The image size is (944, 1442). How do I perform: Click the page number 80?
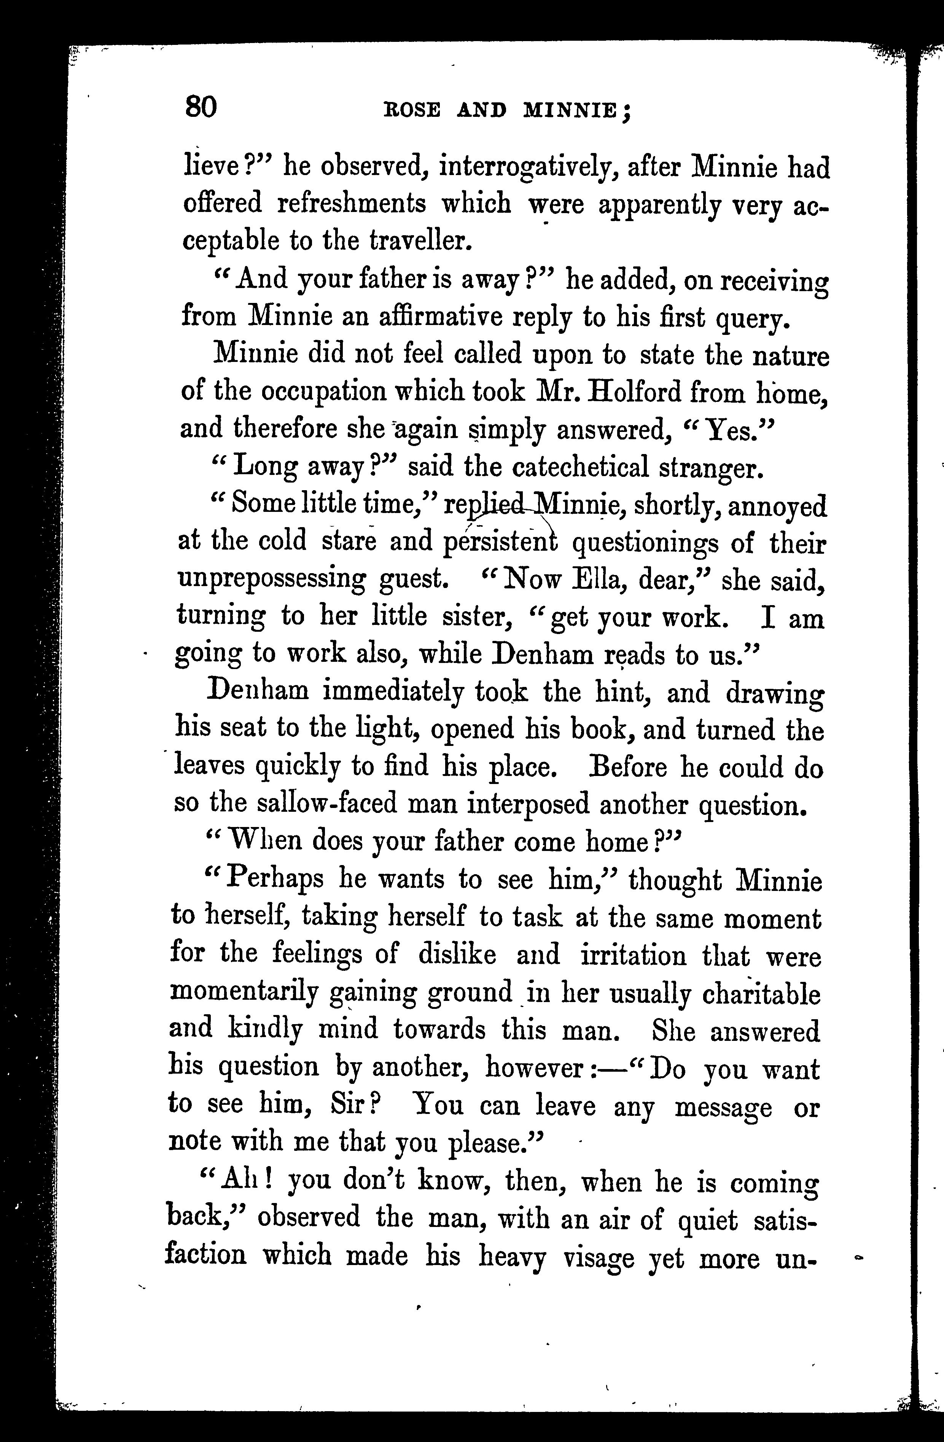point(200,108)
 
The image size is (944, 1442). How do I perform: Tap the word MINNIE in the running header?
point(570,110)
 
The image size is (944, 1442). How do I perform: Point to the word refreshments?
point(352,204)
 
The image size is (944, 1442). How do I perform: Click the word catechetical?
point(581,467)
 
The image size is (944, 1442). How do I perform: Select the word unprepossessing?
point(271,580)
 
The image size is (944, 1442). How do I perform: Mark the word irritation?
point(634,956)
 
